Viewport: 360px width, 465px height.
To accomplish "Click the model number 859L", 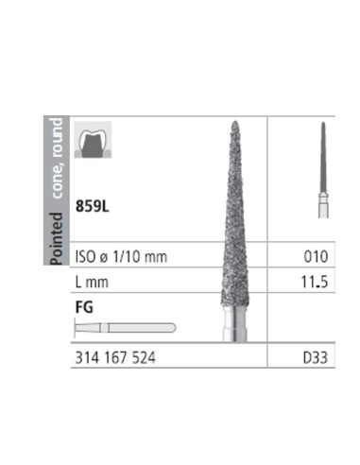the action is (93, 207).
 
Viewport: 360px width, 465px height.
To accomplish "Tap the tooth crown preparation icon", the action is (93, 140).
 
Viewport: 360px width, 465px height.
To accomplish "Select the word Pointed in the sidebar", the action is (57, 238).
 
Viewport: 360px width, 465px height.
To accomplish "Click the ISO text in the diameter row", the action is (85, 257).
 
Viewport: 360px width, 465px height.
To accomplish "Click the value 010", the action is (316, 257).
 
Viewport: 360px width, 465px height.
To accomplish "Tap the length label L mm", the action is (92, 282).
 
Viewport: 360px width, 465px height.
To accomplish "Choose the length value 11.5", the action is (315, 282).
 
